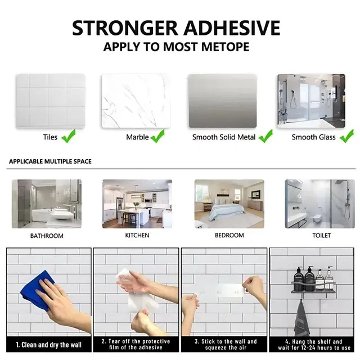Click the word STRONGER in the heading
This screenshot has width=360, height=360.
[x=125, y=28]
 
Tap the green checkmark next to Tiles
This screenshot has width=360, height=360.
[x=69, y=136]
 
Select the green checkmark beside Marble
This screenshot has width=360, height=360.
[x=157, y=136]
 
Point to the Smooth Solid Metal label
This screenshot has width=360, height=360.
[x=224, y=137]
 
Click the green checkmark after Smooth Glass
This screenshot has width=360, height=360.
[x=346, y=136]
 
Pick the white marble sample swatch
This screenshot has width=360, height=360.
[x=136, y=101]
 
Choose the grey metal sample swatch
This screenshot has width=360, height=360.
[x=223, y=101]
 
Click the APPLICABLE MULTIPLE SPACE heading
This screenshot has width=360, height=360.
[x=50, y=161]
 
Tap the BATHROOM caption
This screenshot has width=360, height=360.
[x=47, y=236]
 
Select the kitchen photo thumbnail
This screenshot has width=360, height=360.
[x=137, y=204]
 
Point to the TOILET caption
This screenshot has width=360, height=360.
[x=322, y=235]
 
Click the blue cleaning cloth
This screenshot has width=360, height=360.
[x=37, y=289]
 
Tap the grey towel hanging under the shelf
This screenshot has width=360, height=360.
[x=301, y=318]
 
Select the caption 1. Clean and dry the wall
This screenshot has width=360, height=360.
[x=49, y=345]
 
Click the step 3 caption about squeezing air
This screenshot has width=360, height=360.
[x=226, y=345]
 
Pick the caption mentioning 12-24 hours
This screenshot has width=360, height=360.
[x=314, y=345]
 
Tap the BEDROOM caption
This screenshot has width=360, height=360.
[x=229, y=235]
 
